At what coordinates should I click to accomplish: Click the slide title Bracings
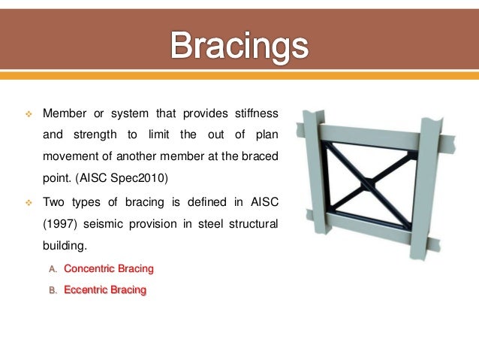[239, 47]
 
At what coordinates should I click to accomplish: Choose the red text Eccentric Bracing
[105, 289]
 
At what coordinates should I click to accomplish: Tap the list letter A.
[53, 268]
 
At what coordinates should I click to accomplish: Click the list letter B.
[53, 289]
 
